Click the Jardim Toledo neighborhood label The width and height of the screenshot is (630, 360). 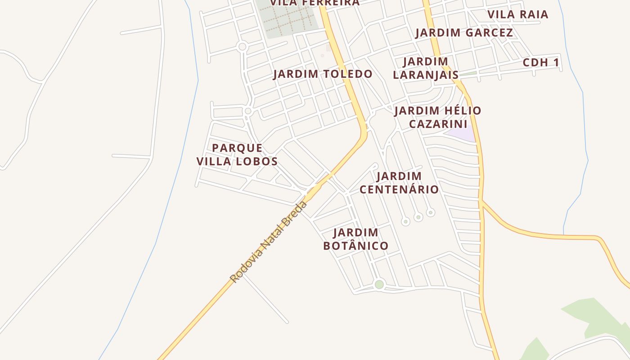pos(323,74)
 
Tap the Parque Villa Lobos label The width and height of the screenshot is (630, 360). pos(237,154)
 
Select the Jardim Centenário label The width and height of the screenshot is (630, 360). pos(399,182)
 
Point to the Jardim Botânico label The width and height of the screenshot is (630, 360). pos(356,239)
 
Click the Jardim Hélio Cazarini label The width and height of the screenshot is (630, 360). pos(438,117)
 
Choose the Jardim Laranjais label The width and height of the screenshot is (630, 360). pos(426,68)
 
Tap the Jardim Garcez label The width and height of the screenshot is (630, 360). pos(464,33)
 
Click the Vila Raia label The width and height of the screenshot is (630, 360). pos(518,14)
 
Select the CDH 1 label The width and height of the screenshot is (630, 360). pos(541,63)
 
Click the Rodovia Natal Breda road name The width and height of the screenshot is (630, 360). pos(269,242)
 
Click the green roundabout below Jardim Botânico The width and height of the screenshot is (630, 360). pos(379,284)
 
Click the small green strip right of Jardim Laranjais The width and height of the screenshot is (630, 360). pos(468,73)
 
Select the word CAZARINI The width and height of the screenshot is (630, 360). pos(438,124)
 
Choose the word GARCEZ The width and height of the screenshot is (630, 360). pos(490,33)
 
